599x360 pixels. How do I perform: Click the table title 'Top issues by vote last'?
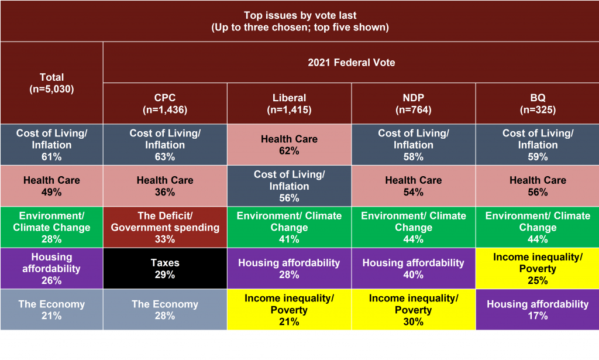pyautogui.click(x=300, y=15)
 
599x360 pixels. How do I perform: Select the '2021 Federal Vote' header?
pyautogui.click(x=352, y=62)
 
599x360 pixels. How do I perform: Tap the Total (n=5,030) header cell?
pyautogui.click(x=51, y=83)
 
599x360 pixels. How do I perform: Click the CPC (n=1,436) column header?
pyautogui.click(x=165, y=104)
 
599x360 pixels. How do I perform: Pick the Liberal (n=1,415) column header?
pyautogui.click(x=289, y=104)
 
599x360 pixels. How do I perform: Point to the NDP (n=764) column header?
pyautogui.click(x=414, y=104)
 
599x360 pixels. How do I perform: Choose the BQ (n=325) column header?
pyautogui.click(x=538, y=104)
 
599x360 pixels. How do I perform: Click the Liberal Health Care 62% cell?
pyautogui.click(x=289, y=145)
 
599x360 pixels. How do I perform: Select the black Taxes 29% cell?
pyautogui.click(x=165, y=268)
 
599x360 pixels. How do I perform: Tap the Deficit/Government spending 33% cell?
pyautogui.click(x=165, y=227)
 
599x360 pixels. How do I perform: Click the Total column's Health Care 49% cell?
pyautogui.click(x=51, y=186)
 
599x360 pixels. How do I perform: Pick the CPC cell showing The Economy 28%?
pyautogui.click(x=165, y=310)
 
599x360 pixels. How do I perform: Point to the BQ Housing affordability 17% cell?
pyautogui.click(x=538, y=310)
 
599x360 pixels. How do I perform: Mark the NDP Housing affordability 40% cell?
pyautogui.click(x=414, y=268)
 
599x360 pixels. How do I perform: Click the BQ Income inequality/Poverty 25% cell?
pyautogui.click(x=538, y=268)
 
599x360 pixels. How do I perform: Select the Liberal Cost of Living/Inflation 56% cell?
pyautogui.click(x=289, y=186)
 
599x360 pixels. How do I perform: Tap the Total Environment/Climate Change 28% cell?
pyautogui.click(x=51, y=227)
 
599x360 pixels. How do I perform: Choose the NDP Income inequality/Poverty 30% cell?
pyautogui.click(x=414, y=310)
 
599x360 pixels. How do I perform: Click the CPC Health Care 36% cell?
pyautogui.click(x=165, y=186)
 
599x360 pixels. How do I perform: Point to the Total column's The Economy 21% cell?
pyautogui.click(x=51, y=310)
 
